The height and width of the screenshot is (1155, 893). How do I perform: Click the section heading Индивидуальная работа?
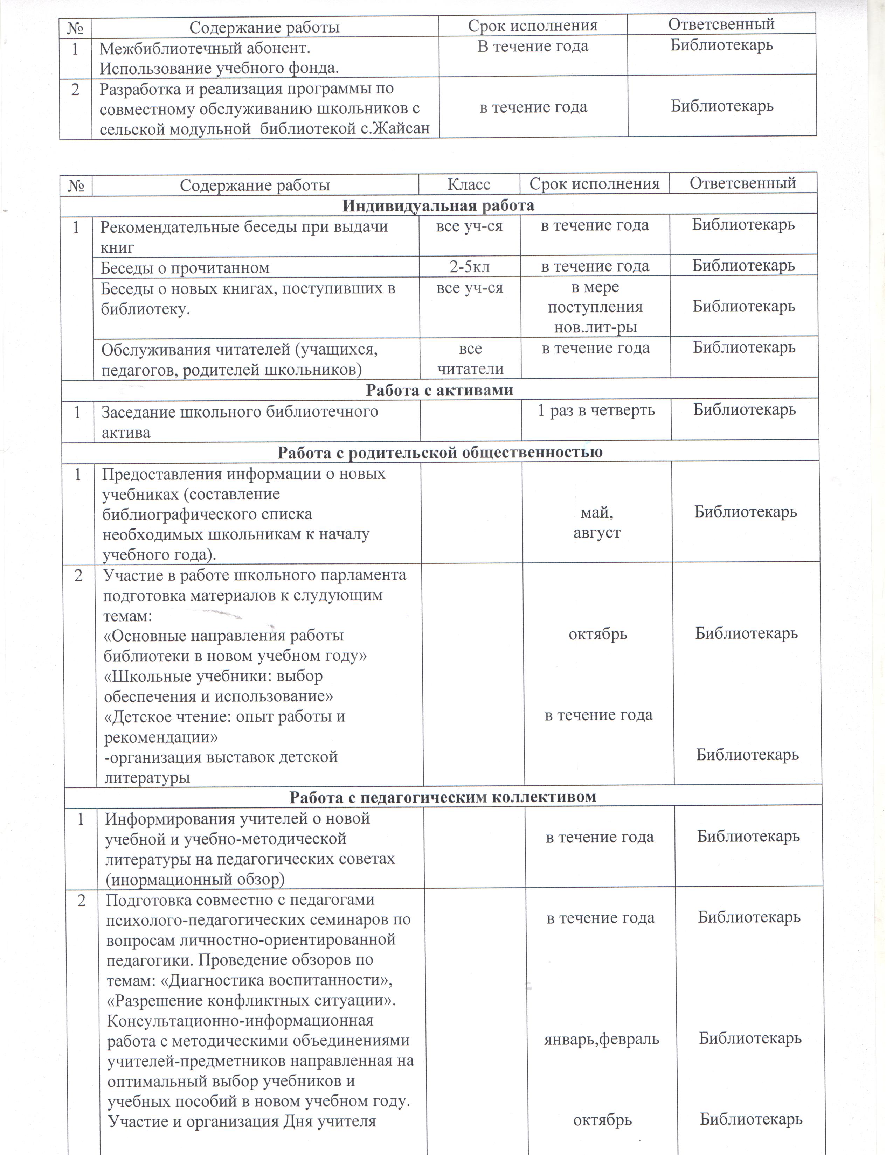coord(438,205)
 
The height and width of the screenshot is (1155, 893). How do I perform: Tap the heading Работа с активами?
coord(439,390)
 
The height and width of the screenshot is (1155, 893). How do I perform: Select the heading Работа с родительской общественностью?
coord(439,452)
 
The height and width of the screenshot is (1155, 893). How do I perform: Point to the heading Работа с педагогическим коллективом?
coord(442,797)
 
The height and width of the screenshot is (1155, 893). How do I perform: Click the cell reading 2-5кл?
coord(469,267)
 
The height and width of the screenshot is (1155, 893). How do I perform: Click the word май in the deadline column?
coord(596,512)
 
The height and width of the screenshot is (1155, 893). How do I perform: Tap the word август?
coord(596,533)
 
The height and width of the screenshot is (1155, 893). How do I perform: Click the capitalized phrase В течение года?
coord(533,47)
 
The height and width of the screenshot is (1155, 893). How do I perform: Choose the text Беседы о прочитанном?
coord(185,268)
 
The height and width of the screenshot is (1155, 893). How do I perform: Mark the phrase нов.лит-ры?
coord(595,327)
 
